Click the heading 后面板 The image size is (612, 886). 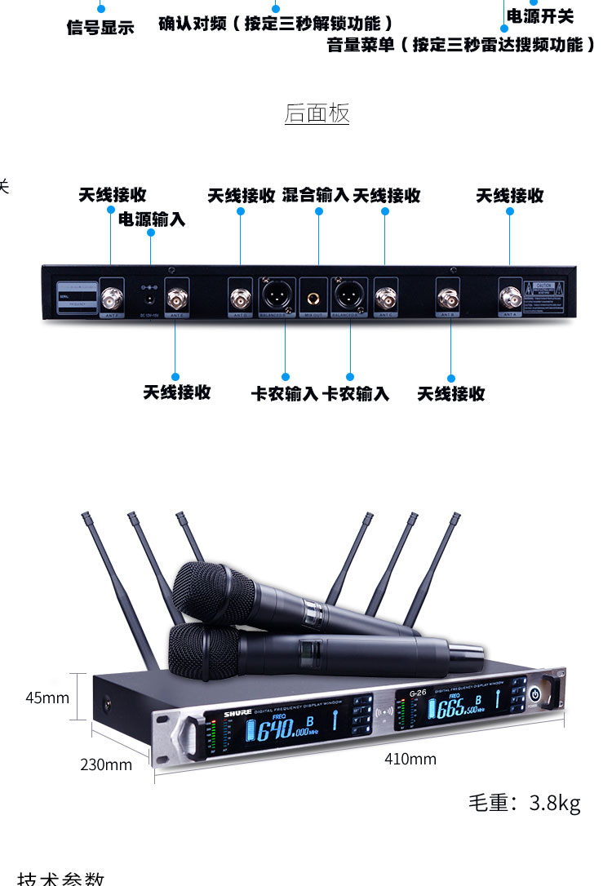(317, 113)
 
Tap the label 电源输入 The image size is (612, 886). (152, 219)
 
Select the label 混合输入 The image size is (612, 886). (316, 195)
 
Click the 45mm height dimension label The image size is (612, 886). (47, 698)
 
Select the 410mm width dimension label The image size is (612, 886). (410, 760)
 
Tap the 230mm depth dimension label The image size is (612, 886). (106, 764)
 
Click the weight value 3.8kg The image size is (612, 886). (555, 803)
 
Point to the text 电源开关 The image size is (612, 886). (540, 16)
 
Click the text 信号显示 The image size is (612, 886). (100, 28)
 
